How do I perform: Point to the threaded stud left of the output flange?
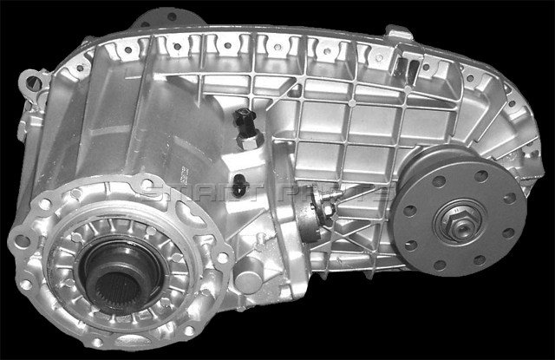[x=332, y=210]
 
